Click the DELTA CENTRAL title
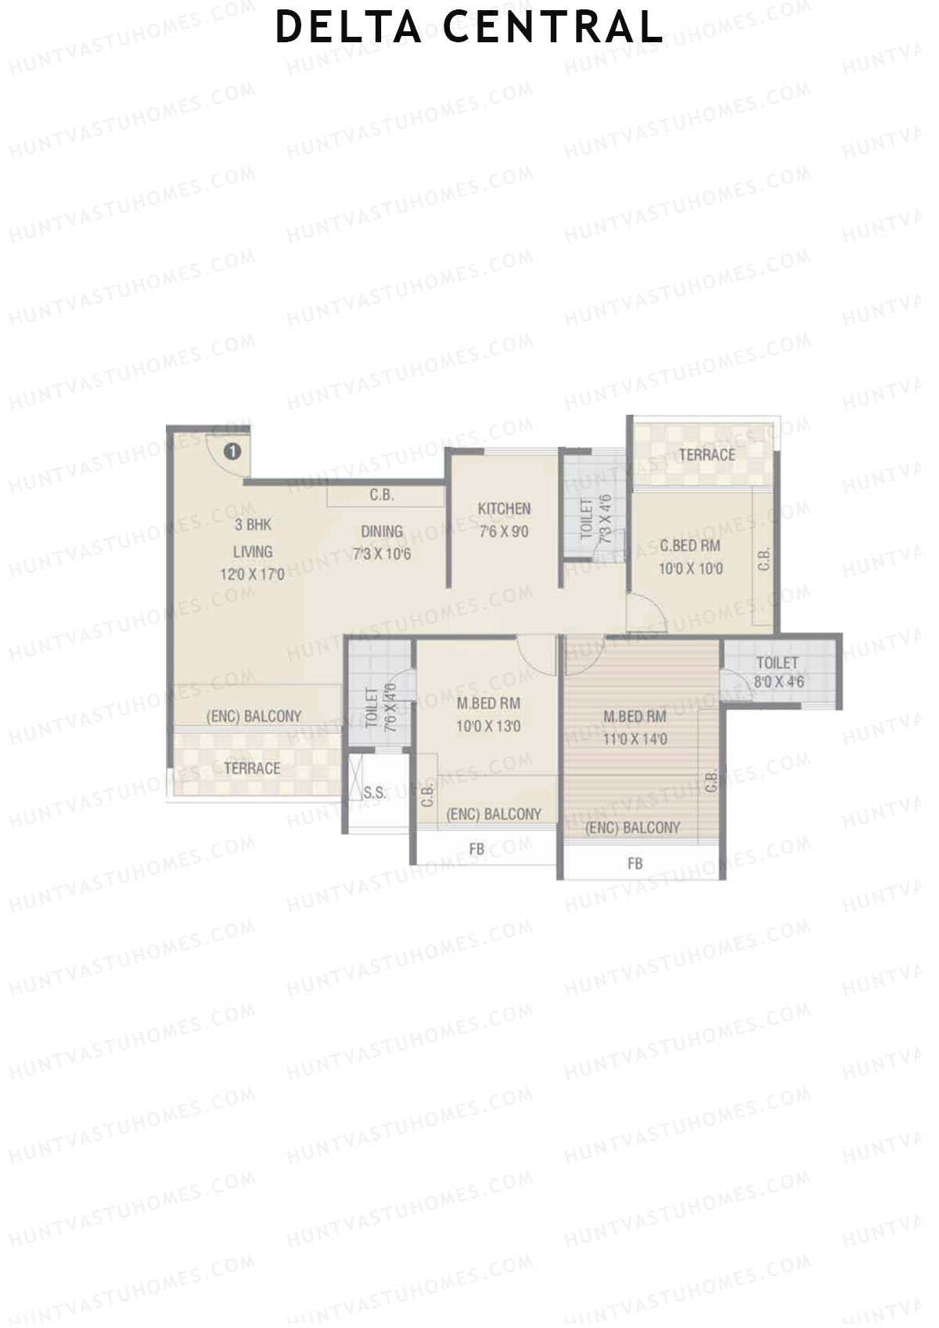469,27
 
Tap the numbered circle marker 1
232,452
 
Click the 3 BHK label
253,525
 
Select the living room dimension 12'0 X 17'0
252,574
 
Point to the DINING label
382,532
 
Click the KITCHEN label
504,509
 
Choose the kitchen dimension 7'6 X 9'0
504,533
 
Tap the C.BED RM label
690,545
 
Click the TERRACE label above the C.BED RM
707,455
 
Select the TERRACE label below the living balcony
252,768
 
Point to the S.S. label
375,793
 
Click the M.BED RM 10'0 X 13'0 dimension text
488,726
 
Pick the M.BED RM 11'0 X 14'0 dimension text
635,739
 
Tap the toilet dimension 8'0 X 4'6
779,682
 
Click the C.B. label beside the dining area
382,495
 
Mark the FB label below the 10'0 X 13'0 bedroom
477,849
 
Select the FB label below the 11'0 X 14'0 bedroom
635,864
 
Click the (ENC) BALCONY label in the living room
254,716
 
